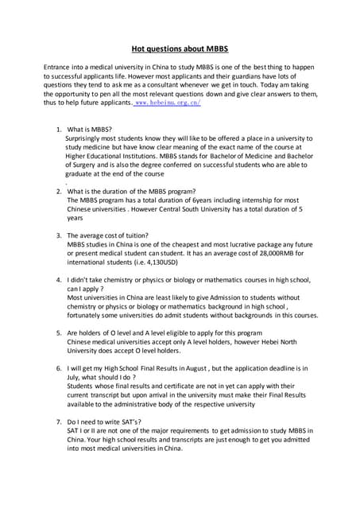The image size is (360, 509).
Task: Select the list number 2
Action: (59, 191)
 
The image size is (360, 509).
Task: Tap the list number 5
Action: (59, 334)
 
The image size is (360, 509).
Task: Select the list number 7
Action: (59, 420)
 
